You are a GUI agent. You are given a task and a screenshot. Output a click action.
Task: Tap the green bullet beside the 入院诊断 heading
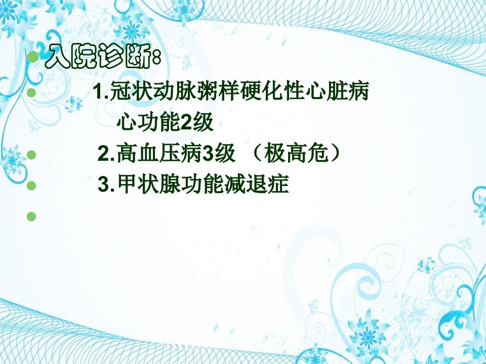pyautogui.click(x=32, y=57)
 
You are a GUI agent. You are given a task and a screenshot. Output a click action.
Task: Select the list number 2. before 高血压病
pyautogui.click(x=107, y=154)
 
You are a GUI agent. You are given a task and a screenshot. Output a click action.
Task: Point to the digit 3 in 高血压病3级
pyautogui.click(x=208, y=154)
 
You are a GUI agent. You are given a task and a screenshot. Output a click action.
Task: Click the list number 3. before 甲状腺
pyautogui.click(x=107, y=185)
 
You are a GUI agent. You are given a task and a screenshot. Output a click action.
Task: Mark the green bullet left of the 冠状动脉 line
pyautogui.click(x=31, y=93)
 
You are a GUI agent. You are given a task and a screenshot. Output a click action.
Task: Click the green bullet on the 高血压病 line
pyautogui.click(x=31, y=155)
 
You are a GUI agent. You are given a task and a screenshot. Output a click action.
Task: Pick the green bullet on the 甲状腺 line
pyautogui.click(x=31, y=186)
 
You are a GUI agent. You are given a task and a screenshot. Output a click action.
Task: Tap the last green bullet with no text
pyautogui.click(x=31, y=216)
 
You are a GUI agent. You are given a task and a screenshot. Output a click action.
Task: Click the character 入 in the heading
pyautogui.click(x=58, y=57)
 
